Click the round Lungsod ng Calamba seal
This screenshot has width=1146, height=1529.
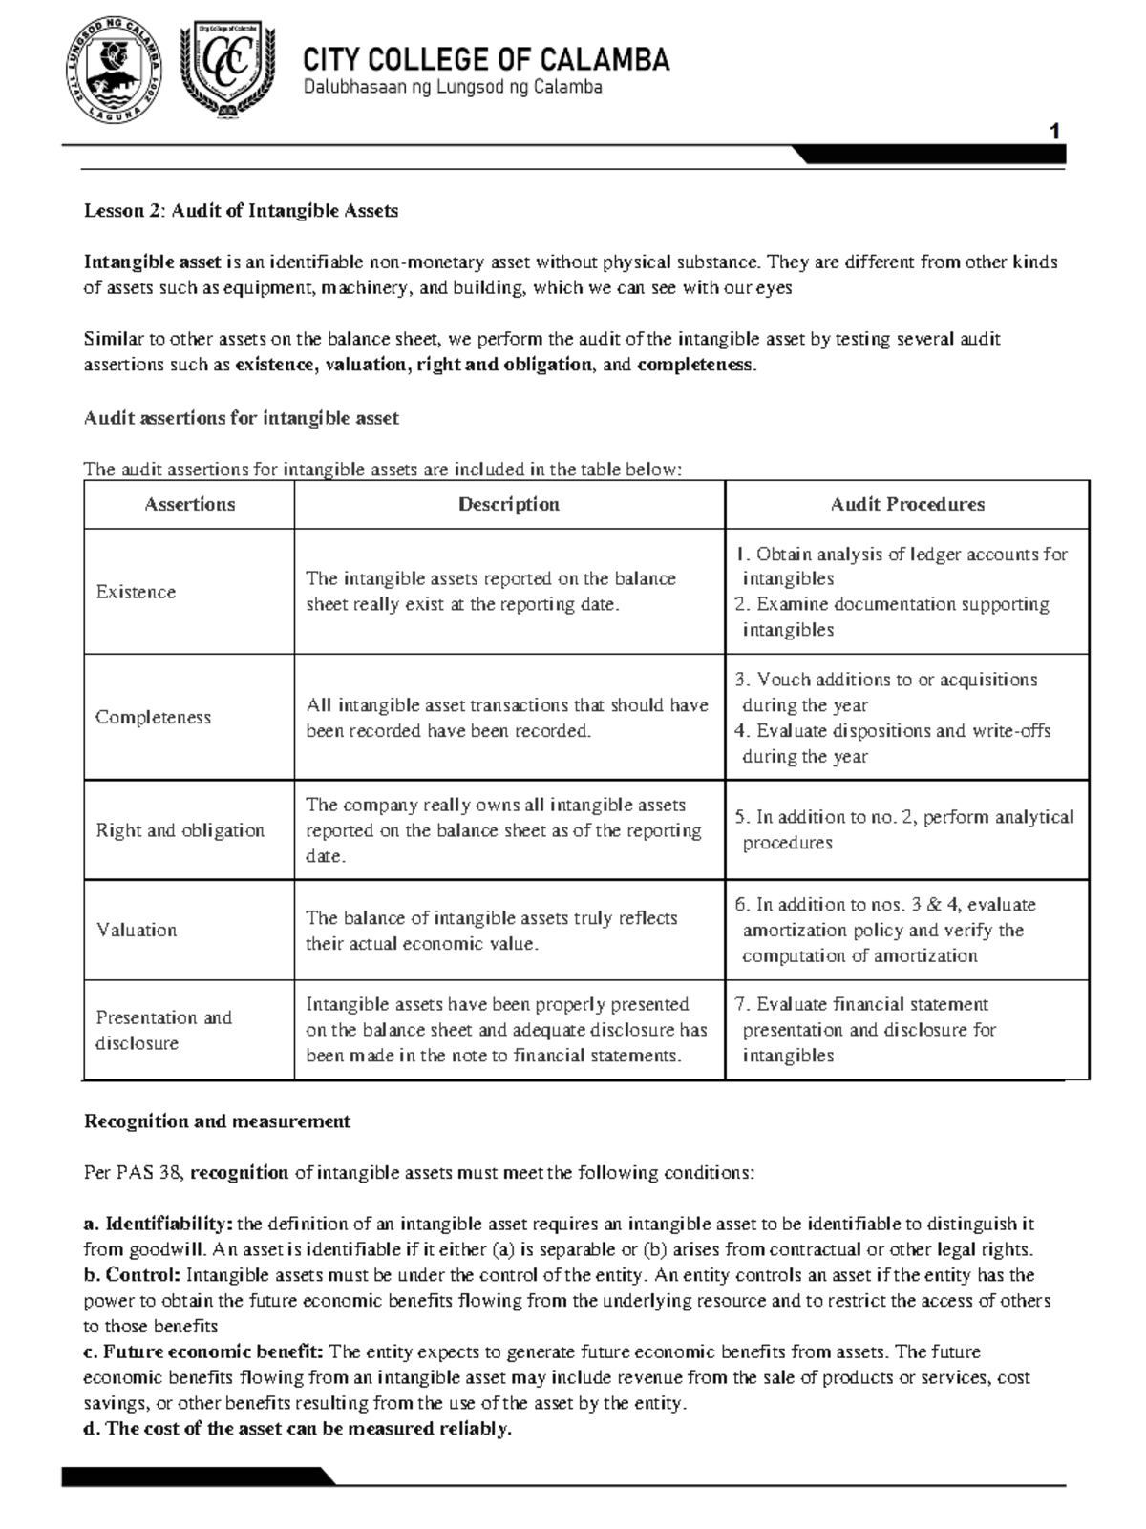coord(114,72)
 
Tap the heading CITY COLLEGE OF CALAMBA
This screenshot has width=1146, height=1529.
coord(486,60)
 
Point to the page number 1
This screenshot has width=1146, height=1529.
coord(1054,132)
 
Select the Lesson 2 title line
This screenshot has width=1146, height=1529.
coord(241,211)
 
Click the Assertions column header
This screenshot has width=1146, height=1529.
coord(189,505)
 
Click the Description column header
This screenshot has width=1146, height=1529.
coord(508,505)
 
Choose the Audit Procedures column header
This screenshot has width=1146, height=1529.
coord(906,505)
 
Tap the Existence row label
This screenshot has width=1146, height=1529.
coord(136,592)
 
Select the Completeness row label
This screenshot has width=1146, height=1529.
coord(153,718)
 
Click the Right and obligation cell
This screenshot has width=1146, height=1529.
coord(180,830)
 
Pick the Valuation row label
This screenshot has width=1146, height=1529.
coord(137,930)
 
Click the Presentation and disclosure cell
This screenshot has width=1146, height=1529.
coord(162,1030)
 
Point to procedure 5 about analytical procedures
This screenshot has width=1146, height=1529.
coord(903,829)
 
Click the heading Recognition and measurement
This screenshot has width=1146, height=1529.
coord(217,1121)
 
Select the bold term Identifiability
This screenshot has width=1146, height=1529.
coord(168,1225)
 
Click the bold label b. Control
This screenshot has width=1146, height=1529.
coord(132,1276)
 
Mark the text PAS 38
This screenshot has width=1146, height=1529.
coord(133,1173)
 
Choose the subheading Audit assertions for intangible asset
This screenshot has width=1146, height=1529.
coord(241,418)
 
